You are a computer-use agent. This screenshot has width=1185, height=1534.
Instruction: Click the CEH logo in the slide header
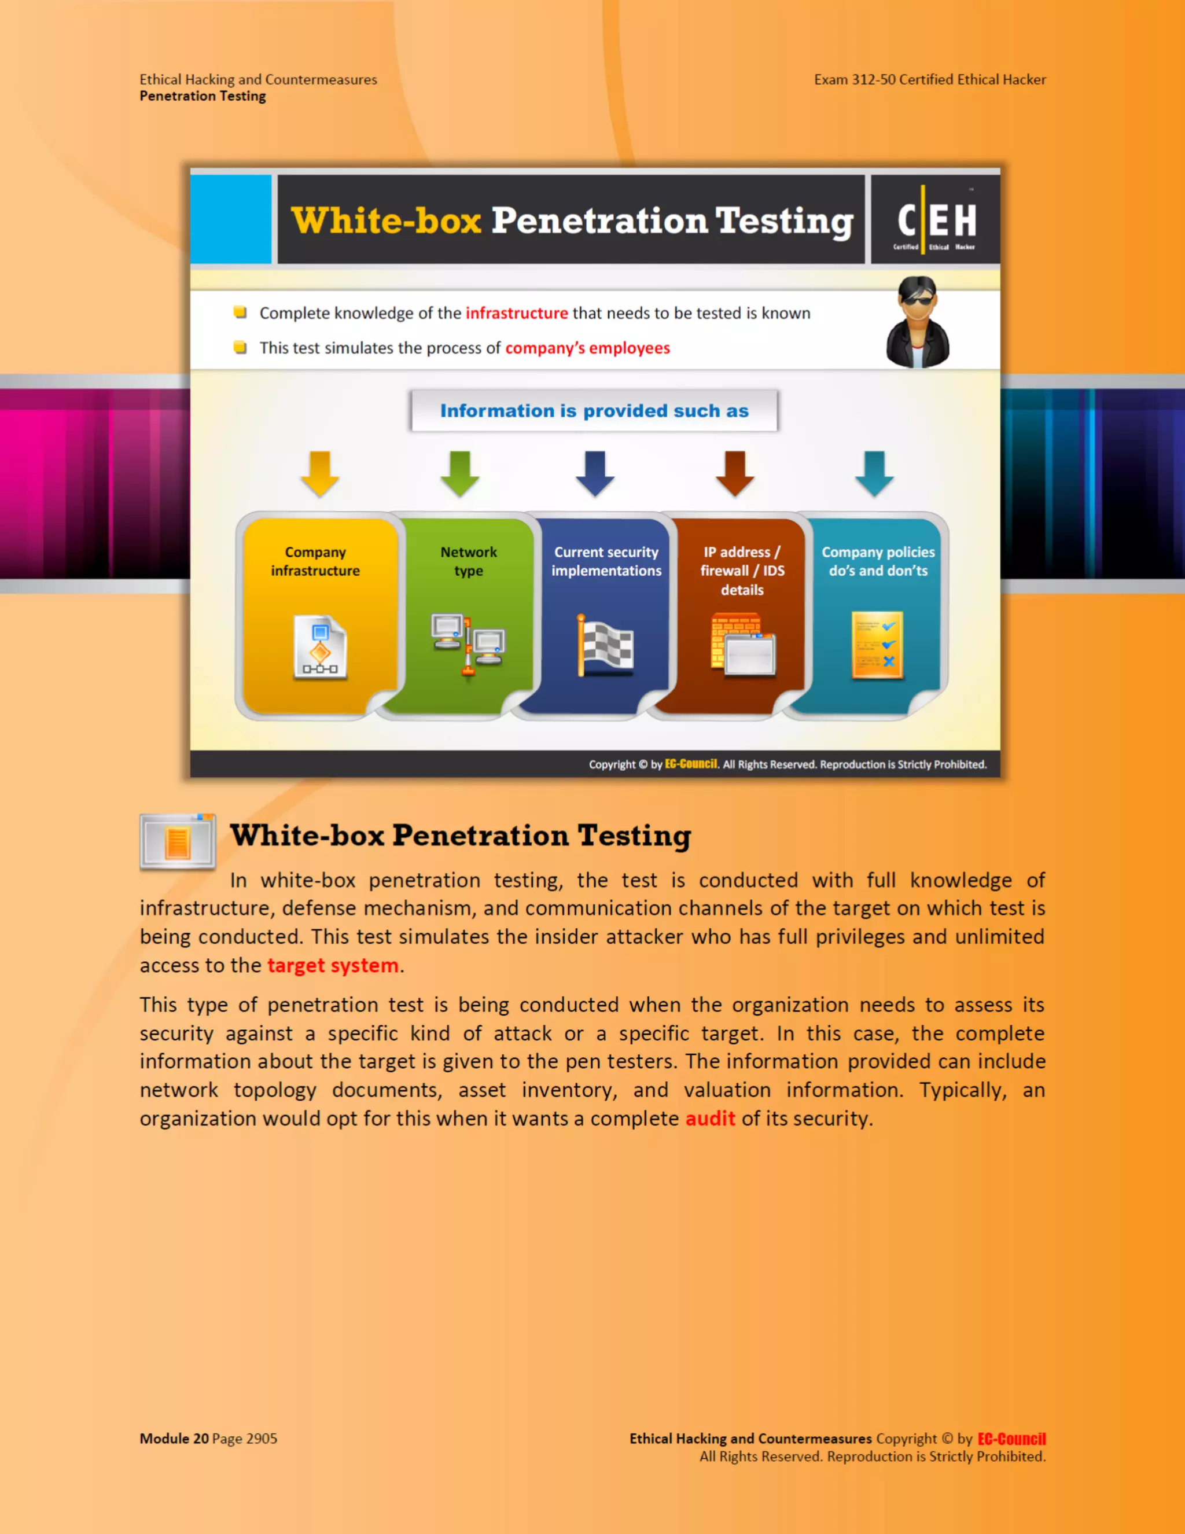point(936,220)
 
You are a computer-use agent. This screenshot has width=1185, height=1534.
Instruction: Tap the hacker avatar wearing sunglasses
point(917,322)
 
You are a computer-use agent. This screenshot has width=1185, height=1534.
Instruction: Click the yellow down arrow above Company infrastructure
point(319,474)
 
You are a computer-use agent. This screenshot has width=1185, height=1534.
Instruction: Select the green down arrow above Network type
point(460,474)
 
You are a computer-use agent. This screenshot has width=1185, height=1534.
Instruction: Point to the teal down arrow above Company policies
point(874,474)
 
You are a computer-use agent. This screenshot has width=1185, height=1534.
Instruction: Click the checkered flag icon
point(605,646)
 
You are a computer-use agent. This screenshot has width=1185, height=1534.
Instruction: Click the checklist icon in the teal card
point(877,645)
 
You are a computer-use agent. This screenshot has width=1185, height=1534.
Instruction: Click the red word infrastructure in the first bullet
point(516,313)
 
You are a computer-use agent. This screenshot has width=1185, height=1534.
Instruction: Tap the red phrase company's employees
point(587,348)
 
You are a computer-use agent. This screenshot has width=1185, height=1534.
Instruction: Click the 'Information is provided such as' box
point(594,411)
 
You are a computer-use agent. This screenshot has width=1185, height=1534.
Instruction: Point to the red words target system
point(333,966)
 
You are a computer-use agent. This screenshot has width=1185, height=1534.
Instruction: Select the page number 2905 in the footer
point(262,1439)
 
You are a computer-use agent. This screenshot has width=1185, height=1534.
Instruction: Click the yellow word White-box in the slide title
point(387,220)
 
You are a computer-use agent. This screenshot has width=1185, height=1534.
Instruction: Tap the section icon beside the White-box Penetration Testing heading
point(178,841)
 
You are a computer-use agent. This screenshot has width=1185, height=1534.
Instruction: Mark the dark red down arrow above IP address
point(735,474)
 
